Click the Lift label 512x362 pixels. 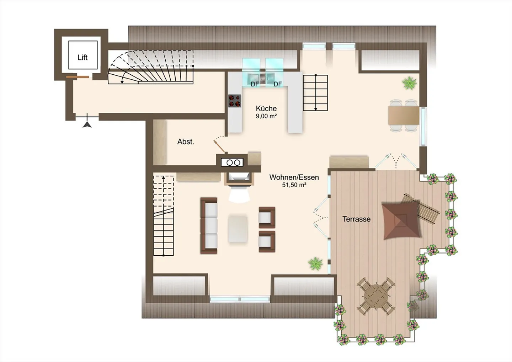[82, 57]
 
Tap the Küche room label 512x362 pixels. [266, 108]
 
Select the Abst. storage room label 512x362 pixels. [186, 142]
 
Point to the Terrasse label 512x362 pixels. [356, 219]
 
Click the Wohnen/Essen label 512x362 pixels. [294, 177]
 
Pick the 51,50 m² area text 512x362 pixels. [294, 185]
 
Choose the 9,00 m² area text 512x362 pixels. [266, 116]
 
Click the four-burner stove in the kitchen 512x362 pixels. [235, 101]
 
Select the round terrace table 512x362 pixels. [376, 296]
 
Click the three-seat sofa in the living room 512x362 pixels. [209, 225]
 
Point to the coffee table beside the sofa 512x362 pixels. [238, 229]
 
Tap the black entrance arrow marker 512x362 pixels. [87, 125]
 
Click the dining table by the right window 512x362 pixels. [404, 116]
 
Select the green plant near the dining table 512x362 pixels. [409, 83]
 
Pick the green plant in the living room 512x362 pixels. [315, 263]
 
